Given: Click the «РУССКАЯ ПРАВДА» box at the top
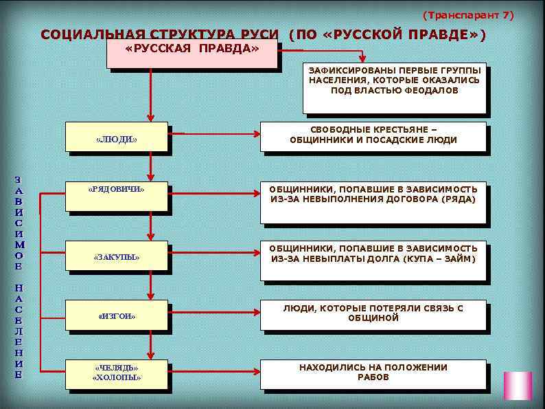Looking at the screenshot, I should tap(192, 54).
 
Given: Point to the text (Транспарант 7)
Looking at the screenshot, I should tap(467, 14).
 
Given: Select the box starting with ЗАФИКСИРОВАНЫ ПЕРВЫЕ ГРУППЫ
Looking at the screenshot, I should tap(394, 89).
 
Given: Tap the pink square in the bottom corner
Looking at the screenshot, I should tap(518, 386).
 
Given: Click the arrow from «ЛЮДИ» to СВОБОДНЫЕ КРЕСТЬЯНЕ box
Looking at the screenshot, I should tap(213, 133).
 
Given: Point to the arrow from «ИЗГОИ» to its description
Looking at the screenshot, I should tap(213, 311).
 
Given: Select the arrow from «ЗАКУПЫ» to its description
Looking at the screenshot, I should tap(213, 252).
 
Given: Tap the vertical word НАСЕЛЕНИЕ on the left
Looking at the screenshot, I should tap(19, 331).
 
